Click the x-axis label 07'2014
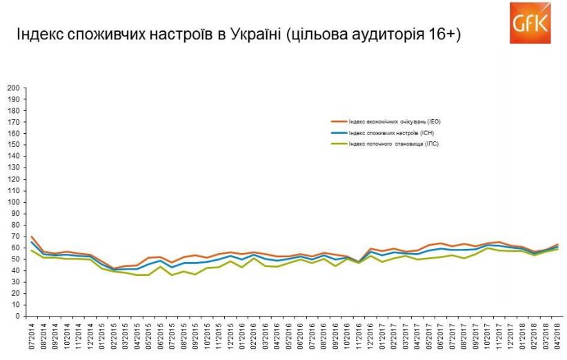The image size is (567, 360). [x=32, y=337]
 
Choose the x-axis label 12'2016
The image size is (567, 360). [x=371, y=337]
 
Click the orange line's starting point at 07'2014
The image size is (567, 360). [x=32, y=237]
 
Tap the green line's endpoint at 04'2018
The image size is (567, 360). [x=557, y=249]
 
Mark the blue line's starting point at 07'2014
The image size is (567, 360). [x=32, y=242]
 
